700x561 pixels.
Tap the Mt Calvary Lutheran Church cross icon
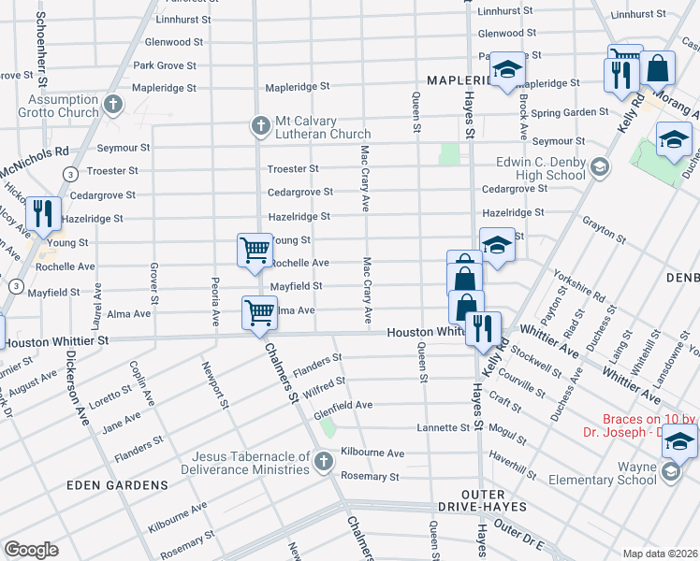click(x=261, y=124)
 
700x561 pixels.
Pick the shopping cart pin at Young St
click(x=254, y=250)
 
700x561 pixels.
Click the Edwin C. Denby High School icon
click(x=600, y=167)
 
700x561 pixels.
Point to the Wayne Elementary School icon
click(x=670, y=473)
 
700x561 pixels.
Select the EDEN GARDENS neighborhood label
click(x=117, y=485)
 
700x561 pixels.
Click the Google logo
click(x=31, y=550)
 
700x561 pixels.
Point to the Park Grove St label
click(x=165, y=66)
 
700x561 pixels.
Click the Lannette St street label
click(x=443, y=427)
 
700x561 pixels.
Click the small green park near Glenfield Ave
click(x=328, y=427)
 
